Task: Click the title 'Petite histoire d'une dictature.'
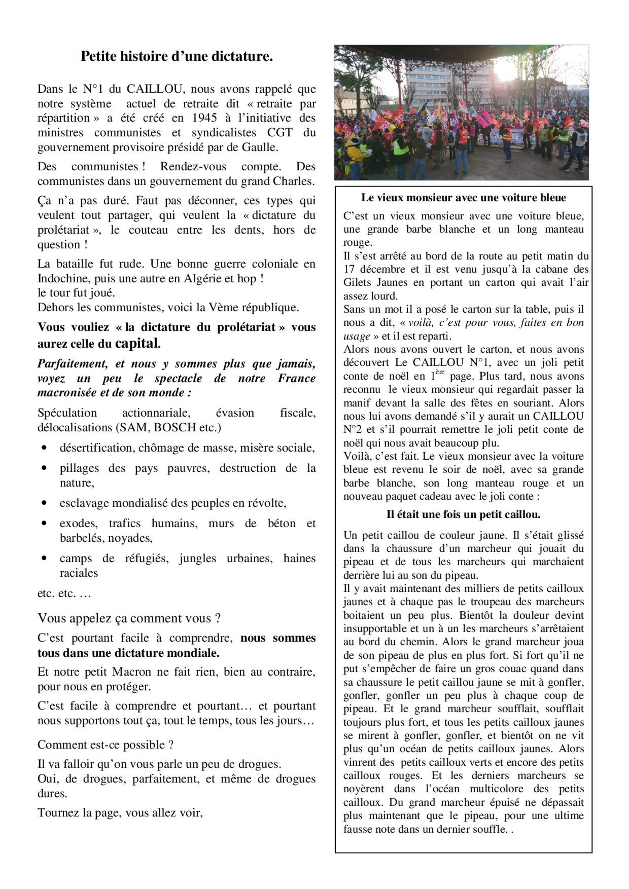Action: click(x=176, y=57)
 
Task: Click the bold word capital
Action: click(x=138, y=343)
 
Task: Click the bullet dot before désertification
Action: click(x=45, y=448)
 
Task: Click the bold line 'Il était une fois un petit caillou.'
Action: click(x=463, y=514)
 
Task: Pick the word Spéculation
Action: click(x=67, y=413)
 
